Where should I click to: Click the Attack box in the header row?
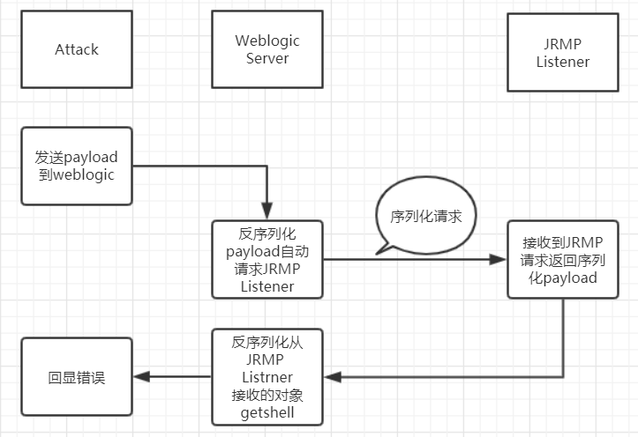[x=77, y=49]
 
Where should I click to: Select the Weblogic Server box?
[x=267, y=49]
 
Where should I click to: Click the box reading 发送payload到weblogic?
[x=77, y=166]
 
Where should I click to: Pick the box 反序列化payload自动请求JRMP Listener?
[x=267, y=259]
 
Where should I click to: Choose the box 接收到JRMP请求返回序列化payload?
[x=562, y=259]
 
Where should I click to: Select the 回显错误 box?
[x=77, y=377]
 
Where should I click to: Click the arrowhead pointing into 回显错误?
[x=139, y=377]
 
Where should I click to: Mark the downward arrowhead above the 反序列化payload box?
[x=267, y=214]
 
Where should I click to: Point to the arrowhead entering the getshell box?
[x=330, y=377]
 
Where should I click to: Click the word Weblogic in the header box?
[x=267, y=41]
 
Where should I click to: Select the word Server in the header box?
[x=267, y=58]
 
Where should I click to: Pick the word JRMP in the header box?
[x=562, y=43]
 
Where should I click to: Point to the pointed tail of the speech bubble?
[x=379, y=253]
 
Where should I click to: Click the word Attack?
[x=77, y=49]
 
